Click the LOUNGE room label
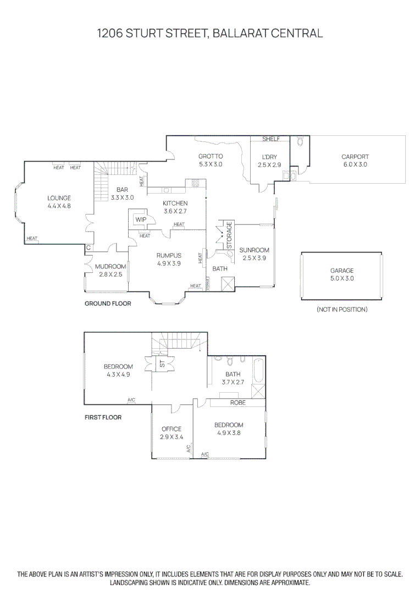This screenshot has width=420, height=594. [59, 198]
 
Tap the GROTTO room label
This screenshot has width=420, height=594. [211, 156]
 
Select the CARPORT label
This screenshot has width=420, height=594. [355, 157]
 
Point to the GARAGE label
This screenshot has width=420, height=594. [341, 271]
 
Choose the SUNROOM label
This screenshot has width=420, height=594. [254, 250]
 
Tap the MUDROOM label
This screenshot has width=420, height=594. [110, 267]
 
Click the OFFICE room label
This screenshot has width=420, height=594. [171, 429]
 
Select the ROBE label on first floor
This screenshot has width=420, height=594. [237, 403]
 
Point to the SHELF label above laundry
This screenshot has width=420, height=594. [271, 139]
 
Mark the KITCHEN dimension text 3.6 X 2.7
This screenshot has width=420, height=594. [175, 211]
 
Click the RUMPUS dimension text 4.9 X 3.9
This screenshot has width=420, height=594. [168, 263]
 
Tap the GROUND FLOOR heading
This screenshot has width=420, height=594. [108, 304]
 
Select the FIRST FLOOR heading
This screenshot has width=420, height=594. [103, 417]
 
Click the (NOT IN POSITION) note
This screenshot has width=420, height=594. [341, 310]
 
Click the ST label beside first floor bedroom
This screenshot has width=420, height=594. [162, 364]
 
